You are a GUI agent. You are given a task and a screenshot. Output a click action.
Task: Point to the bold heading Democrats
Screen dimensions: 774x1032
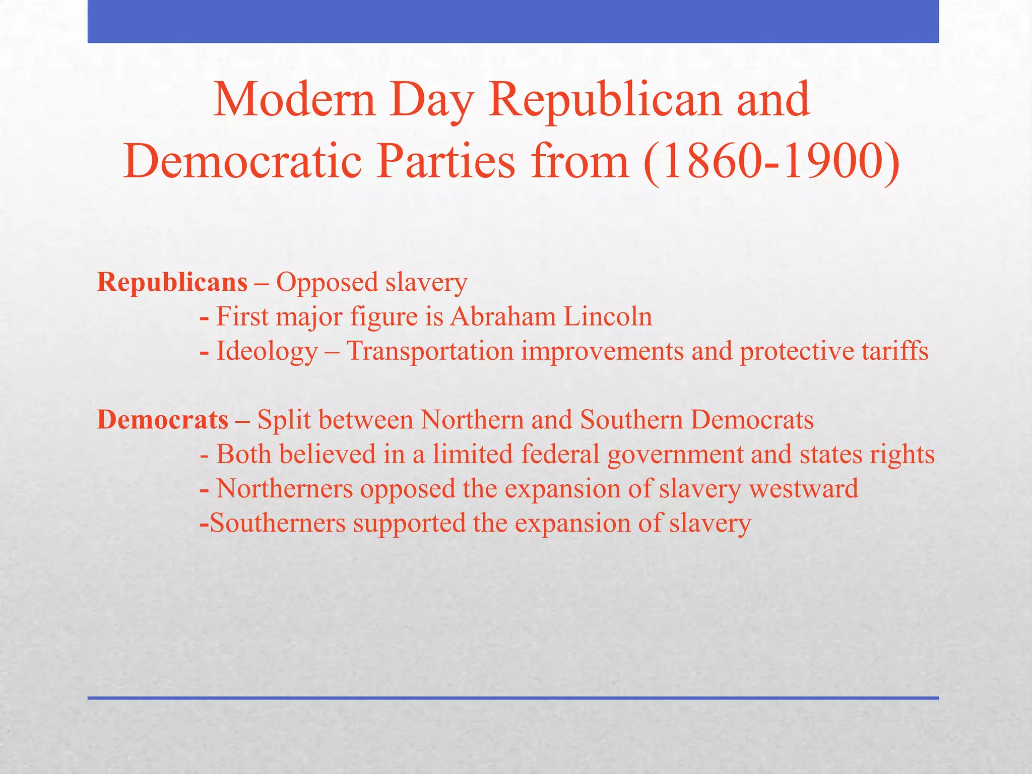click(x=162, y=420)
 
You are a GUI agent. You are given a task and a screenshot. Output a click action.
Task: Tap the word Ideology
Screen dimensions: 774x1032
click(x=267, y=352)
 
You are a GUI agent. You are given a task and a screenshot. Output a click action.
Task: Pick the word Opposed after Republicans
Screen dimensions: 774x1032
click(x=327, y=282)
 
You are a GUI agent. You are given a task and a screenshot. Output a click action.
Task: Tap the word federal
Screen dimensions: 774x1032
click(x=560, y=455)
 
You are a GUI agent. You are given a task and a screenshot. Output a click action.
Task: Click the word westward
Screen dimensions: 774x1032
click(x=803, y=489)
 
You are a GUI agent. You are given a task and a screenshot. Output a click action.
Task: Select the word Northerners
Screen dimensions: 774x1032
click(x=284, y=489)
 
